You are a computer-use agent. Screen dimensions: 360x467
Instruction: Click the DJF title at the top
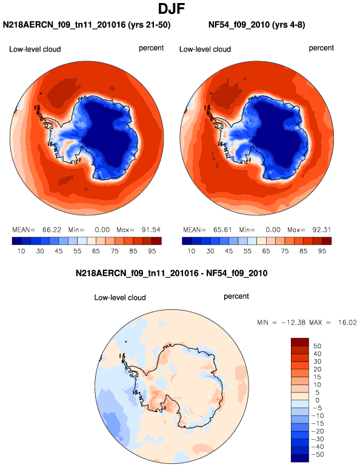(172, 8)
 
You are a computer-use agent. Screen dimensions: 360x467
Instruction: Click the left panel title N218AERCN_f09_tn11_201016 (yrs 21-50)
(87, 25)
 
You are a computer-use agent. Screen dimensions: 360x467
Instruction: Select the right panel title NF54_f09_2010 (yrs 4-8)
(257, 25)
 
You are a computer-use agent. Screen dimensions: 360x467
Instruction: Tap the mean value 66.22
(52, 230)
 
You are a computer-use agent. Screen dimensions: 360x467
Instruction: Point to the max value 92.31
(322, 230)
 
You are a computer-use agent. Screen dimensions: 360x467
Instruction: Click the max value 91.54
(151, 230)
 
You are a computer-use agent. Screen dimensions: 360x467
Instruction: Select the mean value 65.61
(222, 230)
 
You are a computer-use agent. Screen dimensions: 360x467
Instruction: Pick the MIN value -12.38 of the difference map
(293, 323)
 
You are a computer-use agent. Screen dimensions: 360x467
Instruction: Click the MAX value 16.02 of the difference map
(347, 323)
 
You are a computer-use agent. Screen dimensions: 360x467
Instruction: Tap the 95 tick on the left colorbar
(152, 251)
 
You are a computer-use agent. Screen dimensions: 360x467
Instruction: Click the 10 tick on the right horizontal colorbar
(192, 251)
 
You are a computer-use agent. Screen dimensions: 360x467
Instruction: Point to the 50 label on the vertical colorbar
(318, 346)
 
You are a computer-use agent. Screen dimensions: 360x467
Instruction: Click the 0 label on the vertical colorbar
(318, 400)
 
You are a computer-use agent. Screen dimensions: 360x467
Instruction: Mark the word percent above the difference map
(236, 297)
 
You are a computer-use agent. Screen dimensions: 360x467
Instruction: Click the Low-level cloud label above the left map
(35, 49)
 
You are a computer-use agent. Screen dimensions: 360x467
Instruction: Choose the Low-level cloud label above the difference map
(120, 298)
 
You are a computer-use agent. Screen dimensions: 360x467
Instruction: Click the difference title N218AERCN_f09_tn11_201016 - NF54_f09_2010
(172, 273)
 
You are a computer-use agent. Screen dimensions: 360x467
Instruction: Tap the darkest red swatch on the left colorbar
(156, 241)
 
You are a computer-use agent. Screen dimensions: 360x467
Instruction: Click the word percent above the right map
(321, 48)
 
